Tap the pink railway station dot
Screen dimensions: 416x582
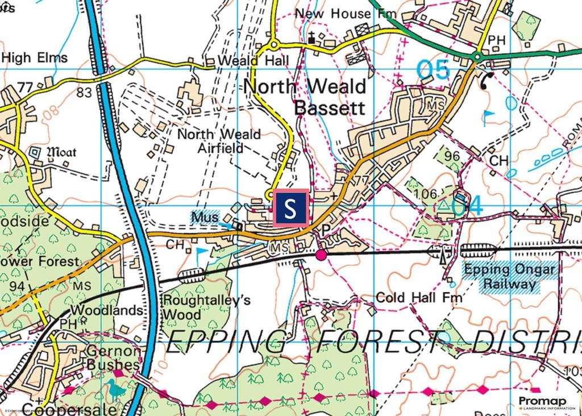click(x=321, y=255)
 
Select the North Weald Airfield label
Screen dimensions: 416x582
click(x=219, y=141)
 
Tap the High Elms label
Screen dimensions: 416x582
click(x=35, y=57)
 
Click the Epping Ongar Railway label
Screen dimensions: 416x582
click(x=508, y=277)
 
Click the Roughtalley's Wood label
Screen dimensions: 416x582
click(x=206, y=307)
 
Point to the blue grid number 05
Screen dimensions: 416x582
click(x=433, y=70)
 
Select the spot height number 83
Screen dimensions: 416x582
click(x=84, y=93)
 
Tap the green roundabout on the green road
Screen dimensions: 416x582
click(x=477, y=56)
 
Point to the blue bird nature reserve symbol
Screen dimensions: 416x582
click(x=116, y=390)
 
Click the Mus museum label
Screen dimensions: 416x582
click(x=205, y=217)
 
